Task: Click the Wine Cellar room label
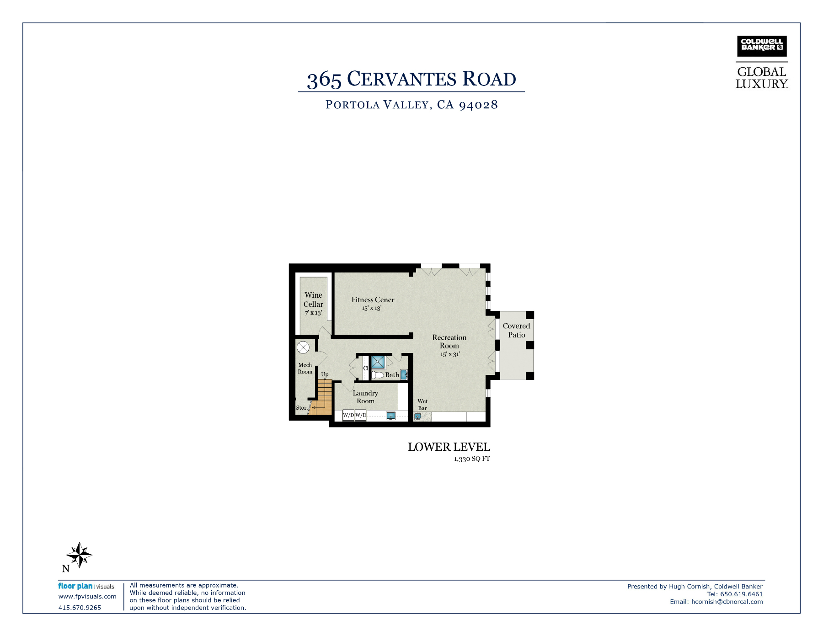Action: pos(313,299)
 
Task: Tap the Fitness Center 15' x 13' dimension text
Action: pos(372,308)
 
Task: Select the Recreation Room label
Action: pos(449,342)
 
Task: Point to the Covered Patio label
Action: pos(517,330)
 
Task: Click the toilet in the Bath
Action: pos(378,375)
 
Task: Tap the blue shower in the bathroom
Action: pos(378,362)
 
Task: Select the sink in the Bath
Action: pos(404,374)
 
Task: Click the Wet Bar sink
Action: pos(417,417)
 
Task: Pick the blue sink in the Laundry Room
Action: pos(391,416)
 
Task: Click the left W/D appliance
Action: pos(348,415)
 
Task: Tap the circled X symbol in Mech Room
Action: pos(303,347)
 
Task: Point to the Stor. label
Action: pos(302,408)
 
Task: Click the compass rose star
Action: pos(80,555)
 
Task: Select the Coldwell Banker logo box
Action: pos(762,46)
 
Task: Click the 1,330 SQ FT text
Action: pos(472,459)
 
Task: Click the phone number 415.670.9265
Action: pos(80,608)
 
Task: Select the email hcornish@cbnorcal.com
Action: pos(727,602)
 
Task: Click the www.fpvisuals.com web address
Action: pos(87,597)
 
